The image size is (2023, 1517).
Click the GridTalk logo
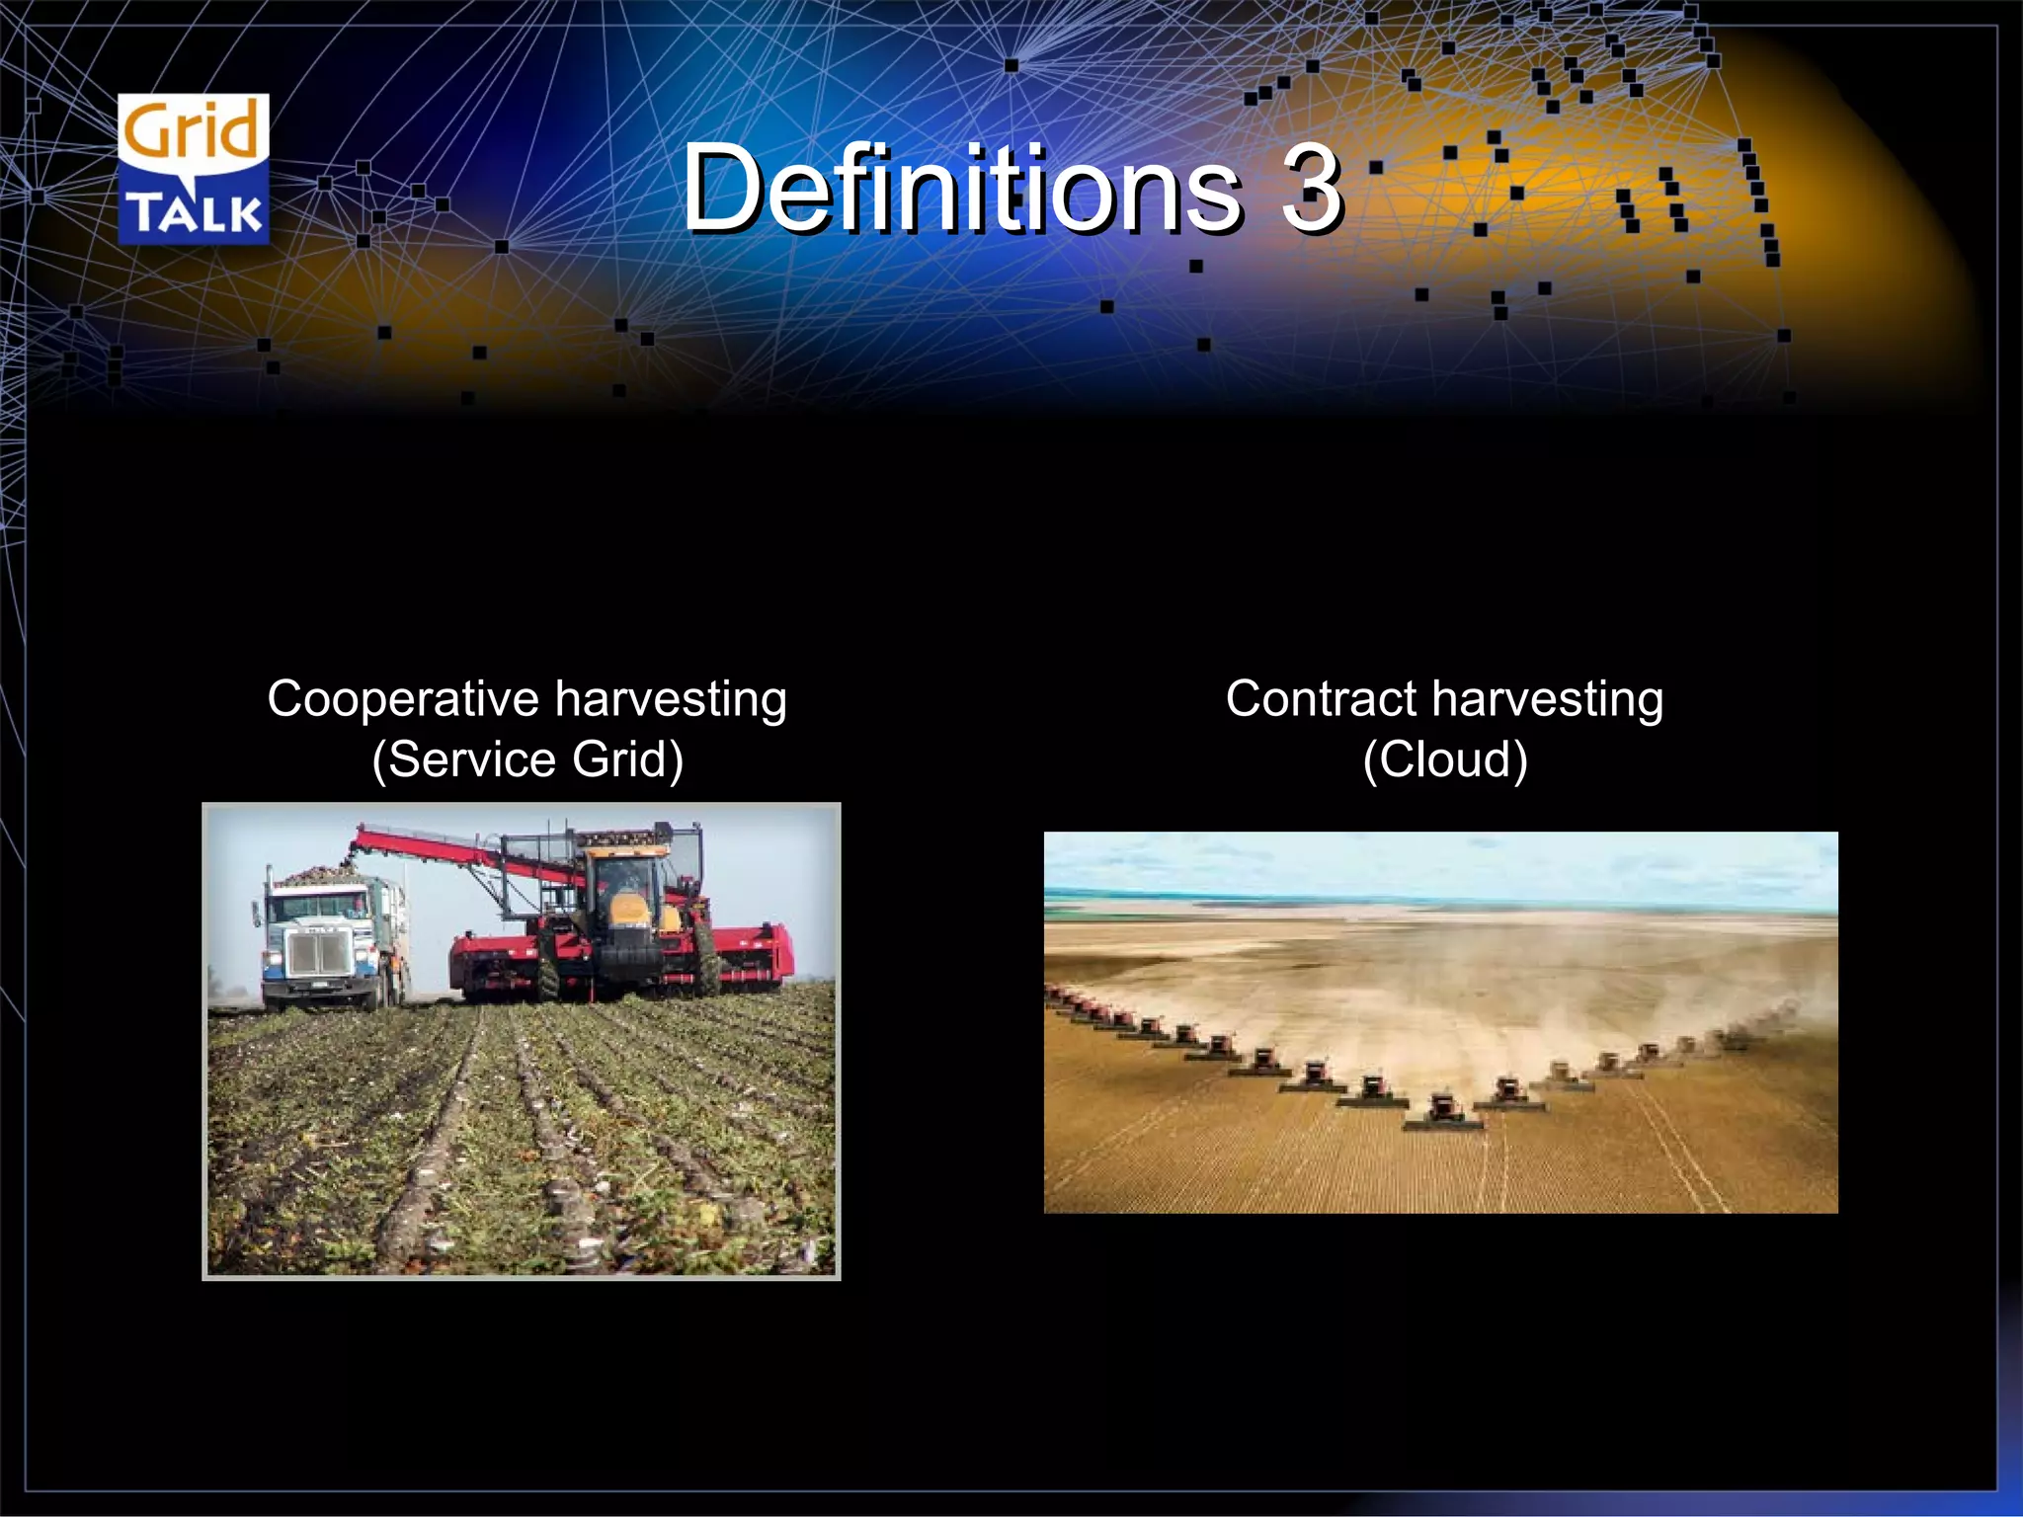pos(193,169)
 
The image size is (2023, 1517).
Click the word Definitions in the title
pos(960,188)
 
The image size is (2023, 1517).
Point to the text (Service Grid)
pos(527,759)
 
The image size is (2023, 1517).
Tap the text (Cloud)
pos(1444,759)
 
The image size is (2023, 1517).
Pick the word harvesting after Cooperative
pos(671,699)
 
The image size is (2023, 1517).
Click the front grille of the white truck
pos(317,953)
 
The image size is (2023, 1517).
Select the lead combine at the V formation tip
pos(1443,1110)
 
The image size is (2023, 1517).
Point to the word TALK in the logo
pos(195,212)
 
